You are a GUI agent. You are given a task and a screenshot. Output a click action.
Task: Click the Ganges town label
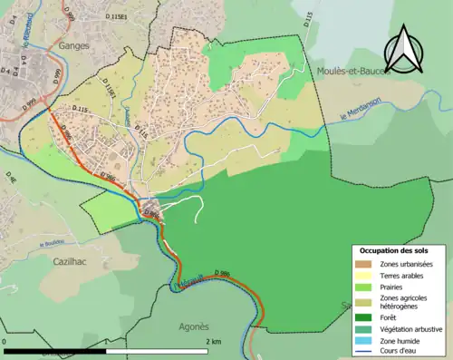click(71, 44)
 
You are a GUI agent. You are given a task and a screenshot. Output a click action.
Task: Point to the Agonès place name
click(193, 326)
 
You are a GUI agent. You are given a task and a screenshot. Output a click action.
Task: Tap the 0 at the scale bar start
click(6, 341)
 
